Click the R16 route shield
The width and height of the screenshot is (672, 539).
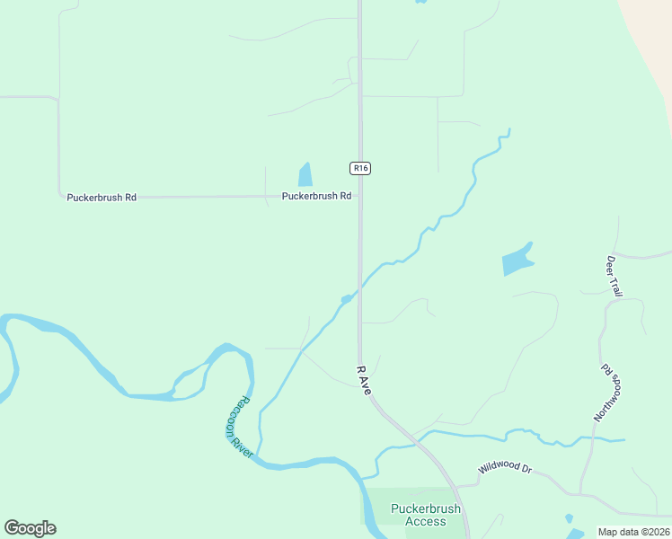360,168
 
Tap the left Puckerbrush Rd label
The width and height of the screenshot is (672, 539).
102,197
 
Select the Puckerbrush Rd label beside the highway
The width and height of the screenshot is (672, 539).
316,196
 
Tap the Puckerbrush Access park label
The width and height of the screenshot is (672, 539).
425,515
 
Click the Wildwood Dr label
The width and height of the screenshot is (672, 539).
505,469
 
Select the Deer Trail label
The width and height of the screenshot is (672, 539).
615,276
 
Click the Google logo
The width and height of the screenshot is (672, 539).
31,528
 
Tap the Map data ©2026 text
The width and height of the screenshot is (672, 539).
633,532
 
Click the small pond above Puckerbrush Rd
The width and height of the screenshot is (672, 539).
305,174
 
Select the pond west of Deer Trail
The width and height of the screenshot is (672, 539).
517,261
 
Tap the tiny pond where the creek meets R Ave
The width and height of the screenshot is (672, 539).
346,299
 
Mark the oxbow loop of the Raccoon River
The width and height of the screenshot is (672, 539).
229,359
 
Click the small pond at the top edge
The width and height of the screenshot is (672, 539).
420,2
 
